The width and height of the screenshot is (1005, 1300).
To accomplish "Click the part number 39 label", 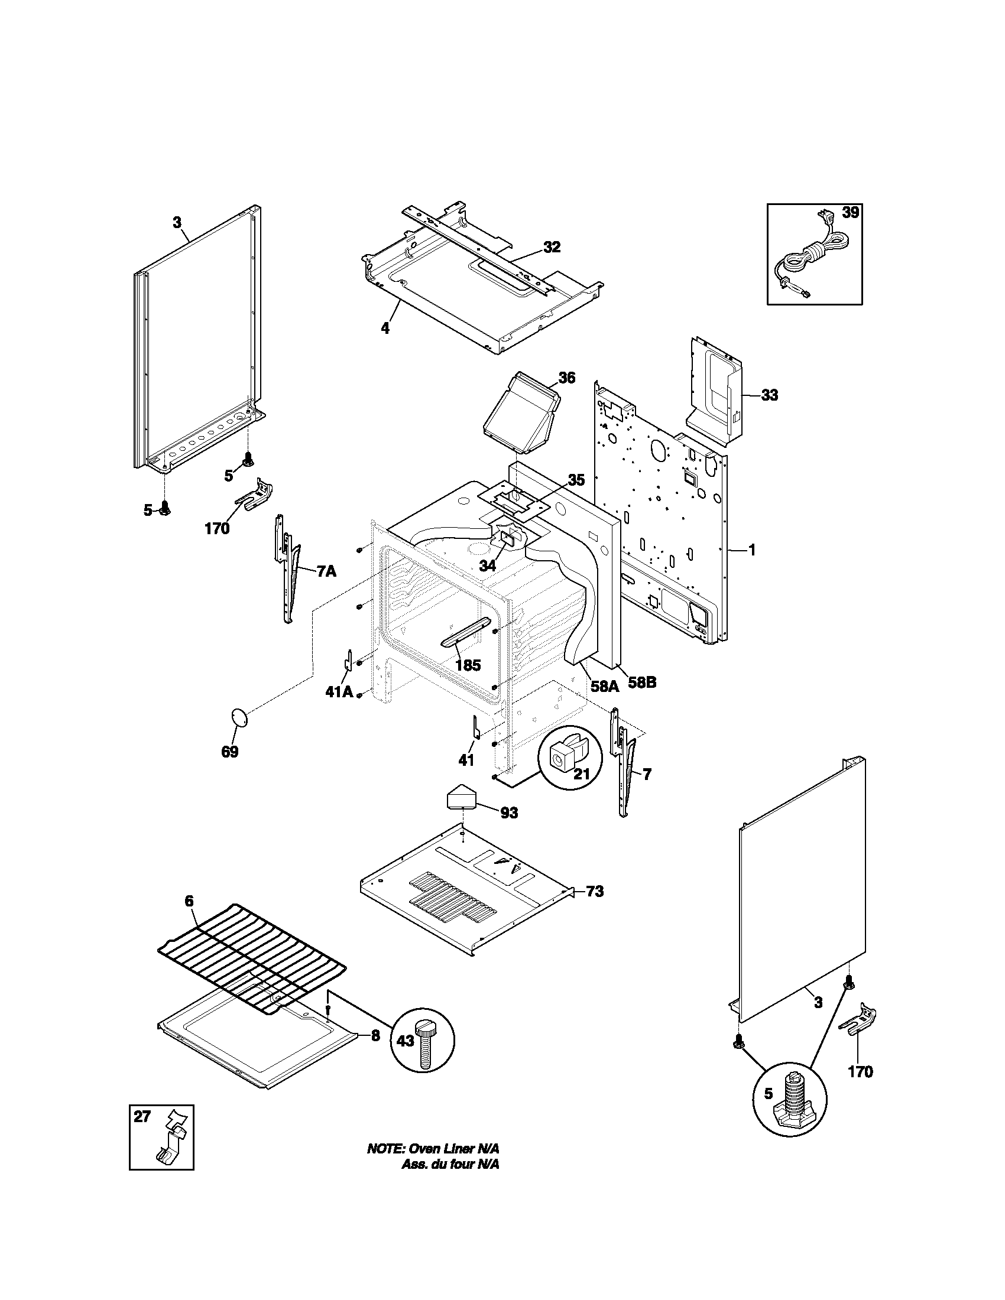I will point(850,213).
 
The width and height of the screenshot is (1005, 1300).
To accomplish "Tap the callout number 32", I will point(552,247).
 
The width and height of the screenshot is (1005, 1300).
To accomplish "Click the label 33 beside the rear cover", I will point(769,395).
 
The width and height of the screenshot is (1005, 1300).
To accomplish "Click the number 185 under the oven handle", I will point(468,665).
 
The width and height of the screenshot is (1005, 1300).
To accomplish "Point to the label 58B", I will point(642,683).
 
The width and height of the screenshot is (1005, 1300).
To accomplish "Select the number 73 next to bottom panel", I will point(594,908).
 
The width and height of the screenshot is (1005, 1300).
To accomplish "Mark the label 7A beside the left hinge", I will point(326,572).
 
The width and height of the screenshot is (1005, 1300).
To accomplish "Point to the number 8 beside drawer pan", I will point(375,1036).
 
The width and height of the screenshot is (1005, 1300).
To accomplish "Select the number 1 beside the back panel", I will point(751,551).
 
